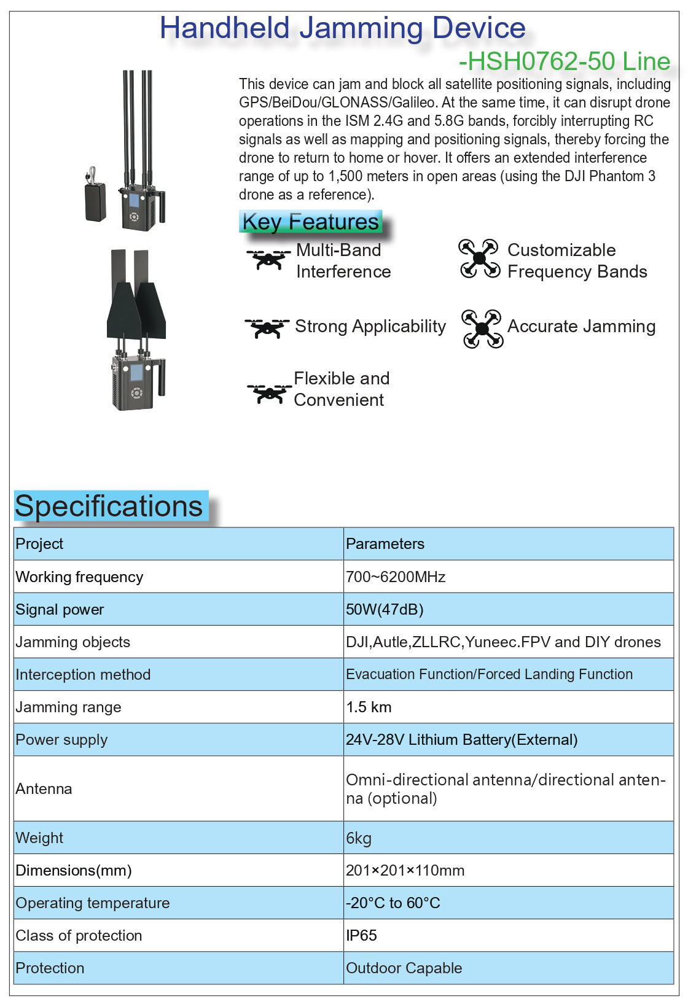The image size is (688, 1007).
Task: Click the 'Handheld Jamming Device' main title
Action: [342, 28]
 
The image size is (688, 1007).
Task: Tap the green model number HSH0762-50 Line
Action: [564, 61]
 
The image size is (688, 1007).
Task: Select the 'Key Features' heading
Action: [310, 222]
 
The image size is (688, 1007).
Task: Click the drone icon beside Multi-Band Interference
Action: [268, 259]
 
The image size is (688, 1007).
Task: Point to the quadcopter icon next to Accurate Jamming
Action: [482, 329]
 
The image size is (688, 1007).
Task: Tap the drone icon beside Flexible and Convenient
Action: [269, 392]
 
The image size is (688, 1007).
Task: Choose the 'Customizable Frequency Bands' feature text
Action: [577, 260]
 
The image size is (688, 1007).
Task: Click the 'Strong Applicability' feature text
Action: [370, 326]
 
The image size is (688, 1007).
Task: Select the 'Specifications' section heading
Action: [109, 506]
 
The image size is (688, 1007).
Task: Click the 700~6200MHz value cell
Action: [396, 577]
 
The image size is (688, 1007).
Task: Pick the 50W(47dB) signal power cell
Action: [385, 609]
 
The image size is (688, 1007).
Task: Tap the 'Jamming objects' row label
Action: [73, 642]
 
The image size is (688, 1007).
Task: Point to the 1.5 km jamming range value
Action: [369, 707]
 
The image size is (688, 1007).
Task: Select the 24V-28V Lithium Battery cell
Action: [461, 739]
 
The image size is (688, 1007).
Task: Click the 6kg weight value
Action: [359, 838]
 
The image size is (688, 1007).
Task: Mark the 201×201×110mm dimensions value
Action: [405, 870]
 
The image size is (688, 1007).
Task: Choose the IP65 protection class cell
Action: [361, 935]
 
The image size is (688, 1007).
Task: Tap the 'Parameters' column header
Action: [385, 543]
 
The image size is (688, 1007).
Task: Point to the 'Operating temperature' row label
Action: [93, 903]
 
